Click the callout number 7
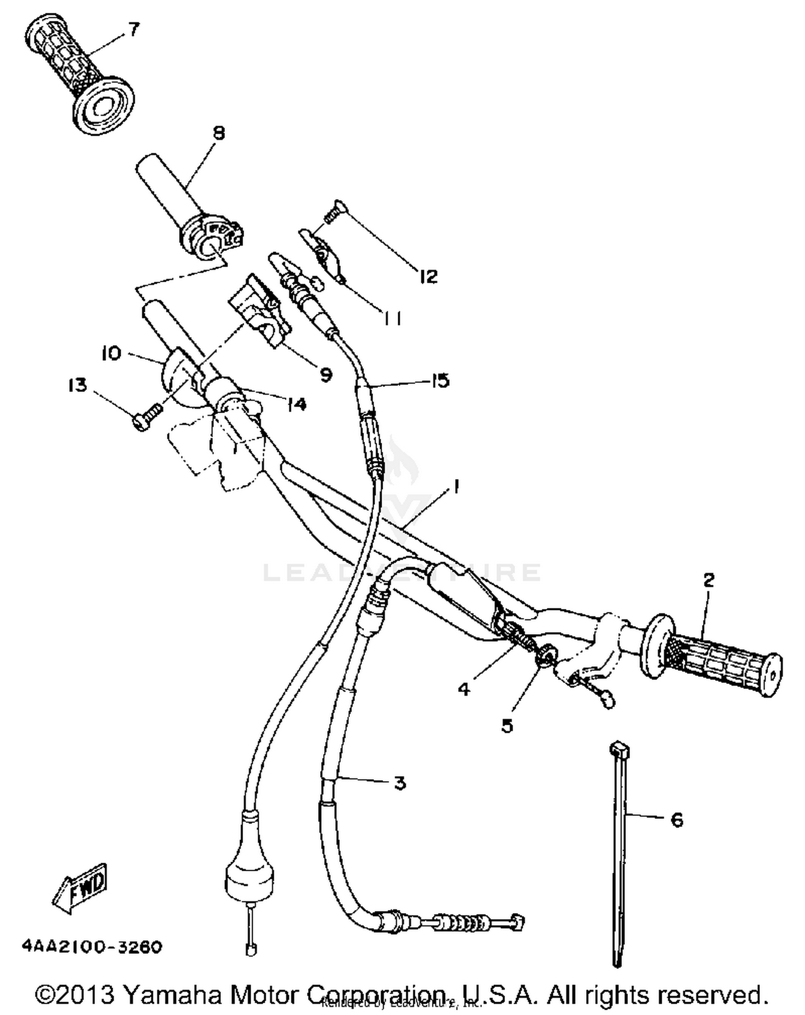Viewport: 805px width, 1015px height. pyautogui.click(x=133, y=30)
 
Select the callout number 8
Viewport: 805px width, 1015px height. pyautogui.click(x=218, y=133)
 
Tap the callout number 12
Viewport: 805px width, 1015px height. pyautogui.click(x=428, y=277)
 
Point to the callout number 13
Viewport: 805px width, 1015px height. pyautogui.click(x=78, y=385)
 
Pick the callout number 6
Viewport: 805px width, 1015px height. pyautogui.click(x=677, y=820)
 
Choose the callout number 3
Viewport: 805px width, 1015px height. pyautogui.click(x=399, y=783)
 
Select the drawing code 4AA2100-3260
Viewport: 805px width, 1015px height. pyautogui.click(x=92, y=947)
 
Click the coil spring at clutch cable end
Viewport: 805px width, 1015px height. pyautogui.click(x=466, y=923)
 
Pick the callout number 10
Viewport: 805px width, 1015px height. pyautogui.click(x=112, y=353)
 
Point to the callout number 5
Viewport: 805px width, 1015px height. pyautogui.click(x=507, y=725)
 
